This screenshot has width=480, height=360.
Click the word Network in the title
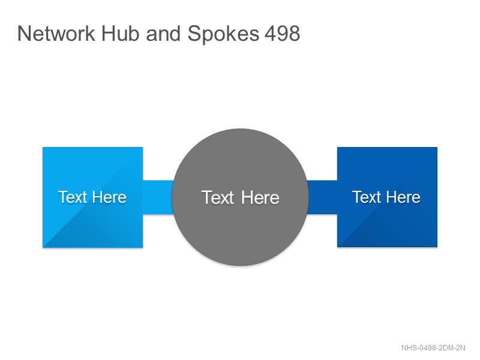pyautogui.click(x=56, y=34)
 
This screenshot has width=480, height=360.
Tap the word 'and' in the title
pyautogui.click(x=163, y=34)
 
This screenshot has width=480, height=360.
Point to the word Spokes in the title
pyautogui.click(x=223, y=34)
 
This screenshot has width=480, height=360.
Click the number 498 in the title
pyautogui.click(x=282, y=34)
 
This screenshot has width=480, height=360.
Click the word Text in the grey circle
pyautogui.click(x=218, y=197)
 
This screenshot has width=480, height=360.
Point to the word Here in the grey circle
pyautogui.click(x=260, y=197)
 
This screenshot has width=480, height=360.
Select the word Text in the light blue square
pyautogui.click(x=73, y=197)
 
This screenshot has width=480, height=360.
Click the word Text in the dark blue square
pyautogui.click(x=367, y=197)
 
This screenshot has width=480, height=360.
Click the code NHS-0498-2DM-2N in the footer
pyautogui.click(x=433, y=348)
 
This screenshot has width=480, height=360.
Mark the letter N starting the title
pyautogui.click(x=24, y=34)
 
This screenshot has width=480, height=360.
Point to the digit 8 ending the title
pyautogui.click(x=294, y=34)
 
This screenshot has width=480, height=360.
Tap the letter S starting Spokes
pyautogui.click(x=194, y=34)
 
